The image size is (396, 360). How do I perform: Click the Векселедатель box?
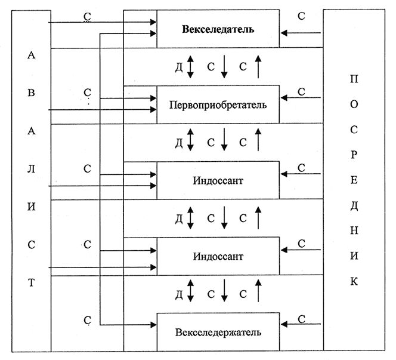pyautogui.click(x=218, y=29)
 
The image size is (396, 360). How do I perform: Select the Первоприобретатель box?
pyautogui.click(x=218, y=104)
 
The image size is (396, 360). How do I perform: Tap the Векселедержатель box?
pyautogui.click(x=218, y=331)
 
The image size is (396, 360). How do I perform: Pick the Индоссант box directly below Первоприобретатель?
pyautogui.click(x=218, y=180)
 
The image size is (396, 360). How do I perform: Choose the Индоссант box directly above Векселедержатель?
pyautogui.click(x=218, y=256)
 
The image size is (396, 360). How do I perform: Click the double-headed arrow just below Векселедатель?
pyautogui.click(x=191, y=66)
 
